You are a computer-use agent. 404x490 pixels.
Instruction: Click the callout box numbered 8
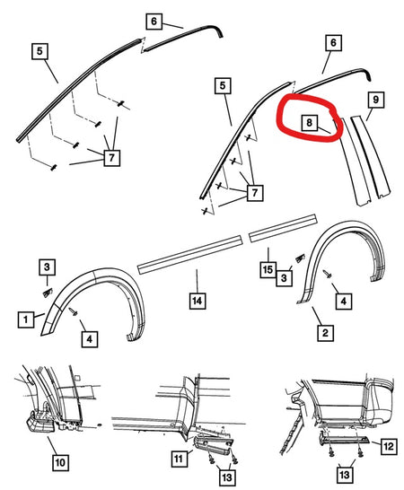click(309, 122)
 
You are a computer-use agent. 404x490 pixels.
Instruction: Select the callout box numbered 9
click(375, 100)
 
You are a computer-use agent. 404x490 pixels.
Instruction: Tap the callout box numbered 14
click(198, 301)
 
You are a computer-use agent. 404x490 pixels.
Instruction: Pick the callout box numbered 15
click(268, 270)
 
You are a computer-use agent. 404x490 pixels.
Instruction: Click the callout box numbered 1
click(26, 319)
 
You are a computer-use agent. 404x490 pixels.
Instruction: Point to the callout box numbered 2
click(325, 333)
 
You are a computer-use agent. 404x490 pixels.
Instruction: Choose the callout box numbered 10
click(60, 462)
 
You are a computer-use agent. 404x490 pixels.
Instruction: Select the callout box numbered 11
click(180, 459)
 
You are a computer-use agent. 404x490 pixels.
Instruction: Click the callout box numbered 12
click(389, 446)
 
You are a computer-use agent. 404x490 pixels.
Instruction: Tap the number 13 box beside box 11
click(227, 477)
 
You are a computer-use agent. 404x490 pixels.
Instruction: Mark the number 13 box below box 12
click(345, 475)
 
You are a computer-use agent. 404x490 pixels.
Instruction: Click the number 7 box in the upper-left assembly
click(111, 158)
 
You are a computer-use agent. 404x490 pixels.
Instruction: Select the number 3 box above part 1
click(47, 267)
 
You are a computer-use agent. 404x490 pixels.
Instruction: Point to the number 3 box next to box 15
click(285, 278)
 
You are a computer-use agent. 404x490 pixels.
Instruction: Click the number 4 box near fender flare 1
click(90, 339)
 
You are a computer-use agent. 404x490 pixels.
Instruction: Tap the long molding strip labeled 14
click(189, 255)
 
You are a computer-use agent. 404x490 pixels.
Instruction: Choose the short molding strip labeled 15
click(283, 228)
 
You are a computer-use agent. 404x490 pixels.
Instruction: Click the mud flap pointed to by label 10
click(40, 423)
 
